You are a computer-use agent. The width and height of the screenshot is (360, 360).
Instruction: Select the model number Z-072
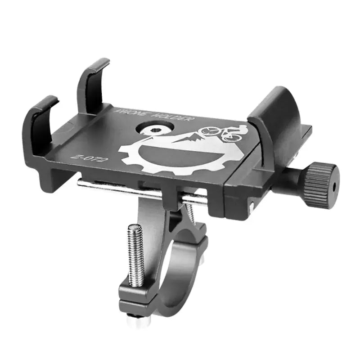coord(85,158)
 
